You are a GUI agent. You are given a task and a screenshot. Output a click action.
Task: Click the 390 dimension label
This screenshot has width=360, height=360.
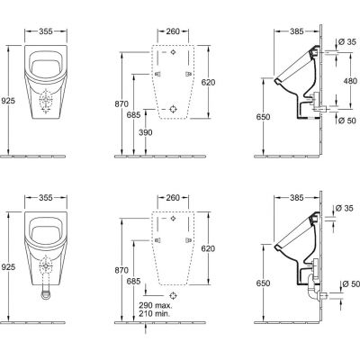146,132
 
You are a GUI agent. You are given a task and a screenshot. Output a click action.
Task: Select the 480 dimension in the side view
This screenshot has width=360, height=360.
350,81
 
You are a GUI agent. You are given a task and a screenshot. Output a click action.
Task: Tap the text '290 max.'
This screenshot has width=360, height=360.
156,306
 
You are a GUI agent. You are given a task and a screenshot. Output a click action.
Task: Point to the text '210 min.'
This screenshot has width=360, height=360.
154,314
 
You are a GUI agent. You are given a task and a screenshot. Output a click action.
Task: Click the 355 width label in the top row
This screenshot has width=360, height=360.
46,31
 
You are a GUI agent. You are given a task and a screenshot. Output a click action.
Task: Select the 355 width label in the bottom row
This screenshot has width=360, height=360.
46,198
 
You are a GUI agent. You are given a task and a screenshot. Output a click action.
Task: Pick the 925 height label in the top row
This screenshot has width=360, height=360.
8,101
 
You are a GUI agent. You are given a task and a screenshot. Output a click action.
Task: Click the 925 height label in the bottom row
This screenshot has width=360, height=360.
8,266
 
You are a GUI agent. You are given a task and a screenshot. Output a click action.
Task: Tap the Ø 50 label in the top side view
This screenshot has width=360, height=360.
347,121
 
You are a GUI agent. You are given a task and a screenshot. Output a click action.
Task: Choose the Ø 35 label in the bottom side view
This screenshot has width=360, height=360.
345,208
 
